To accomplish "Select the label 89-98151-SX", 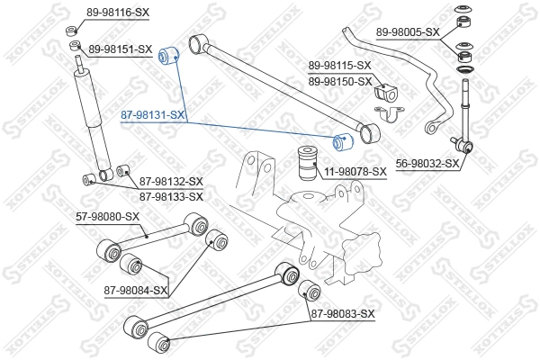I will pyautogui.click(x=121, y=49).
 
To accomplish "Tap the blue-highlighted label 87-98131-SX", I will pyautogui.click(x=153, y=115).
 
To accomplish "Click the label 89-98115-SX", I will pyautogui.click(x=340, y=66).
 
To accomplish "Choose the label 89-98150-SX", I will pyautogui.click(x=340, y=81).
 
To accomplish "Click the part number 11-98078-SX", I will pyautogui.click(x=355, y=171).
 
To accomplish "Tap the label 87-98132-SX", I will pyautogui.click(x=172, y=182).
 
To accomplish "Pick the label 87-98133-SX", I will pyautogui.click(x=172, y=195).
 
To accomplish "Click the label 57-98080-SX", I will pyautogui.click(x=107, y=216).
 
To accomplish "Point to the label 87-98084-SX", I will pyautogui.click(x=136, y=290).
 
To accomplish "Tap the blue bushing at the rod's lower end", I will pyautogui.click(x=343, y=141).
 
